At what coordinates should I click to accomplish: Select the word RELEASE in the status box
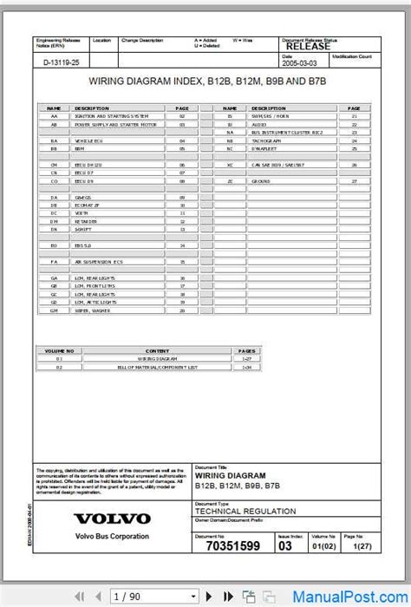[307, 47]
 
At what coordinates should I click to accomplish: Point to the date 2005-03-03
[300, 62]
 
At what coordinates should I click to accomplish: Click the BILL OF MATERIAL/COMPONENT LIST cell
[157, 368]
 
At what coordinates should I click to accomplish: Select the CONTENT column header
[157, 350]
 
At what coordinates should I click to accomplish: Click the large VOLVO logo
[112, 519]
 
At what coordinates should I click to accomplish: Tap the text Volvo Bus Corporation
[111, 536]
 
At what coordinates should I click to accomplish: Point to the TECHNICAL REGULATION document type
[233, 512]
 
